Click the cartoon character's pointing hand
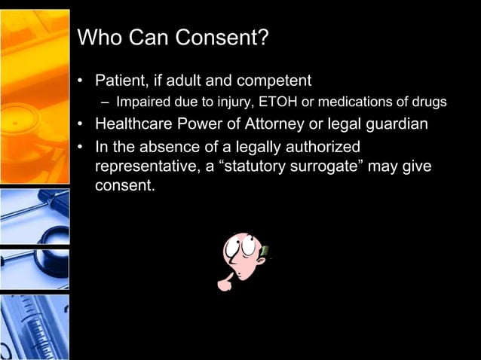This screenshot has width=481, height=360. [225, 284]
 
